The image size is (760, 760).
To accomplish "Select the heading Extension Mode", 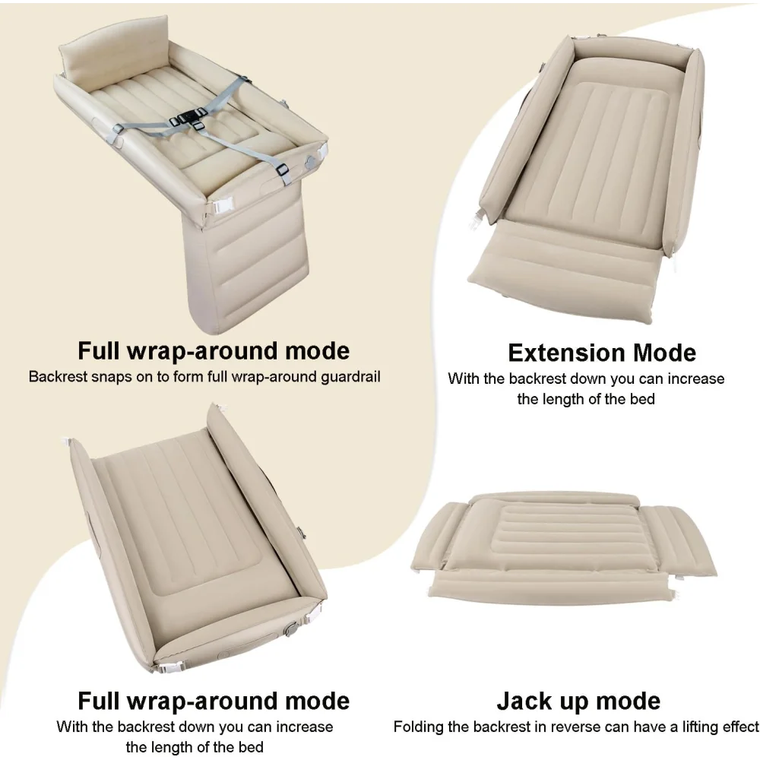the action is tap(602, 353).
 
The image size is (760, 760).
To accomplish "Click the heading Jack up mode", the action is tap(578, 701).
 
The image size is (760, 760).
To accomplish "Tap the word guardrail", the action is tap(350, 377).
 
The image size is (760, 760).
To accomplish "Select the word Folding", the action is tap(416, 727).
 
